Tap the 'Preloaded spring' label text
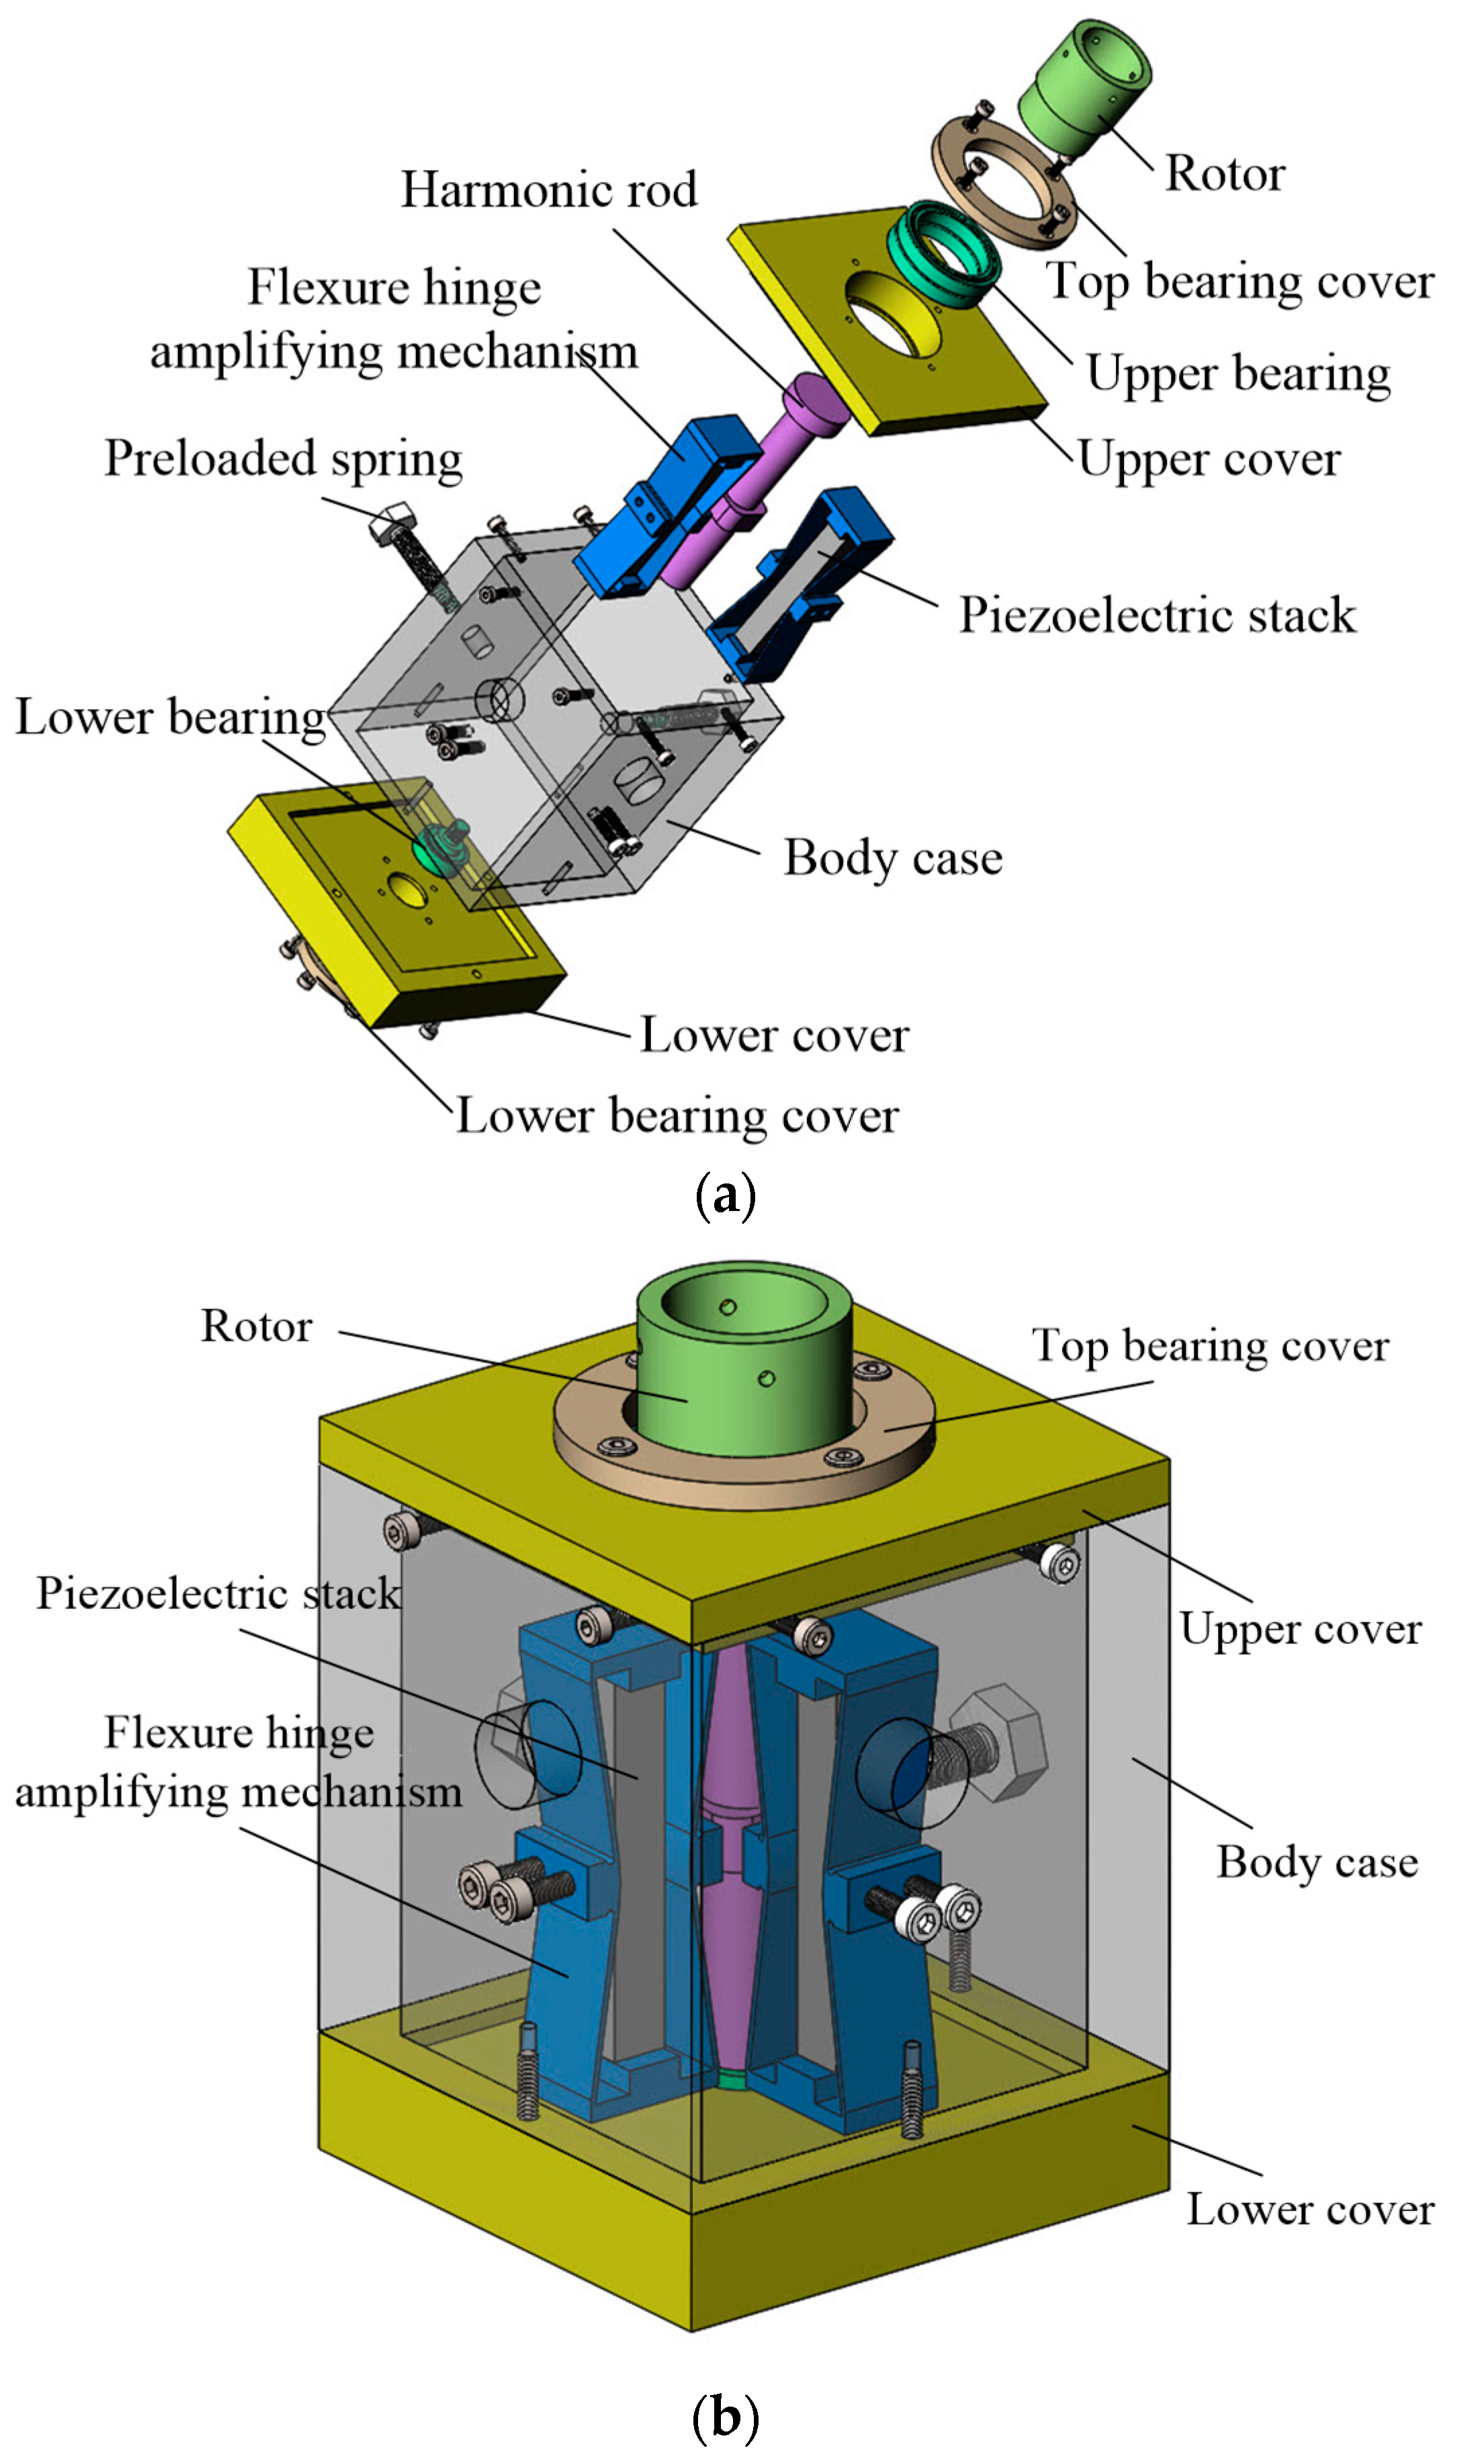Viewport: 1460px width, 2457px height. point(284,458)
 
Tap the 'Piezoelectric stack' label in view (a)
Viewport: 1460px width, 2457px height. point(1157,615)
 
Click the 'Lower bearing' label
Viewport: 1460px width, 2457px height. point(169,716)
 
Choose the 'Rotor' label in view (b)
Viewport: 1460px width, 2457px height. point(256,1325)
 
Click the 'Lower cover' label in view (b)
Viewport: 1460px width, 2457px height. point(1309,2208)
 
